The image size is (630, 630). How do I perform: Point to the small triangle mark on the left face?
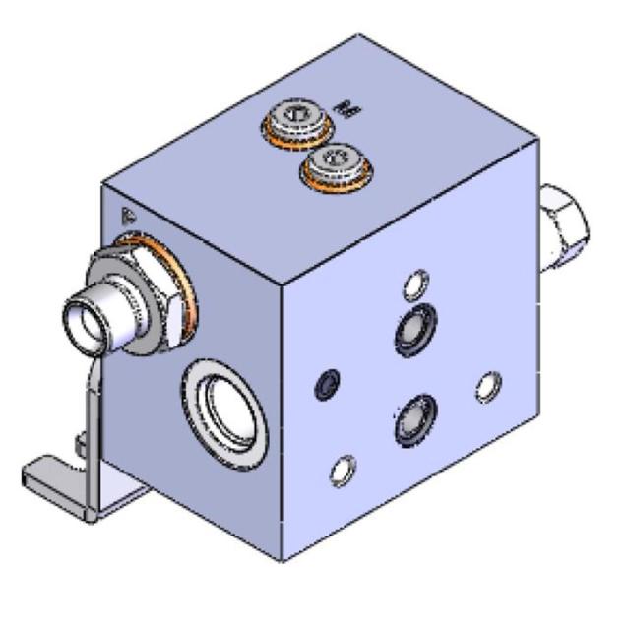[x=125, y=214]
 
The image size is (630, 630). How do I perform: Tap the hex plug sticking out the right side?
[x=564, y=225]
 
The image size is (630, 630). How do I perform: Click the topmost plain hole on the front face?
[x=417, y=285]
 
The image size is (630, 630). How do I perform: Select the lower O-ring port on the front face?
[x=412, y=421]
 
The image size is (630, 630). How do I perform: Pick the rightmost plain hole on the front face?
[x=488, y=387]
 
